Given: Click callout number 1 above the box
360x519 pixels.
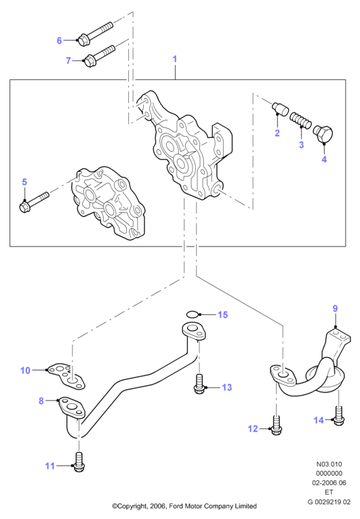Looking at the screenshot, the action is [175, 59].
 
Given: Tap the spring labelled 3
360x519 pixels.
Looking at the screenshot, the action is [300, 121].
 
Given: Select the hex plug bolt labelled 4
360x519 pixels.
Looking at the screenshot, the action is [323, 135].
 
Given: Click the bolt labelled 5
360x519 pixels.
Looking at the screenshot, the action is [34, 202].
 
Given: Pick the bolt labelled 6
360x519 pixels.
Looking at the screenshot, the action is [96, 32].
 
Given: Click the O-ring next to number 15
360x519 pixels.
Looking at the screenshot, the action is [193, 314].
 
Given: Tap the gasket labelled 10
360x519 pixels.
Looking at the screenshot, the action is [66, 376].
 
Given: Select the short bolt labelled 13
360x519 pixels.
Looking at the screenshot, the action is [199, 384].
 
